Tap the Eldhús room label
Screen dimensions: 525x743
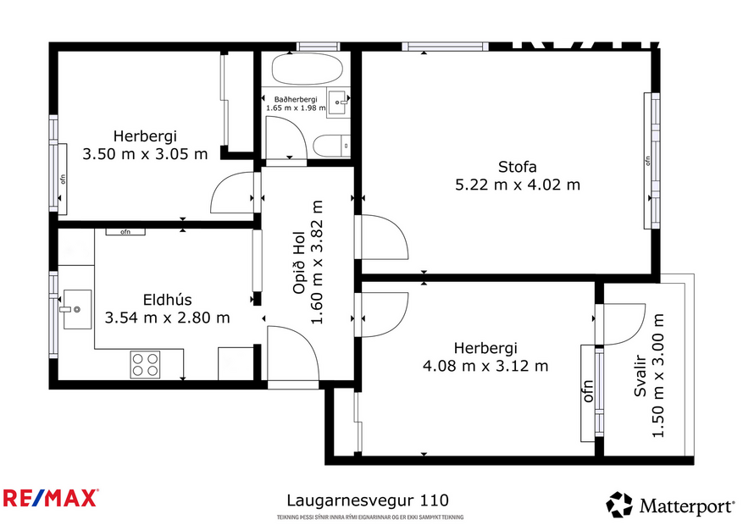167,299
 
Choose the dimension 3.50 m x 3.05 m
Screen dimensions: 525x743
145,154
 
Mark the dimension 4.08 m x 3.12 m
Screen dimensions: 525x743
485,366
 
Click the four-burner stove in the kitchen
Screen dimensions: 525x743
145,364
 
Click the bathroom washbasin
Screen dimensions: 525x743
340,104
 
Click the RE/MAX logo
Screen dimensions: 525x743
51,498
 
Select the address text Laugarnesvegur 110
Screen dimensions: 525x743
367,500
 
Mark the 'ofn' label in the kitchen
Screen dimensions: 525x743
125,231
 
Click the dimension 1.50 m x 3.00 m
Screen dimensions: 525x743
657,375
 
